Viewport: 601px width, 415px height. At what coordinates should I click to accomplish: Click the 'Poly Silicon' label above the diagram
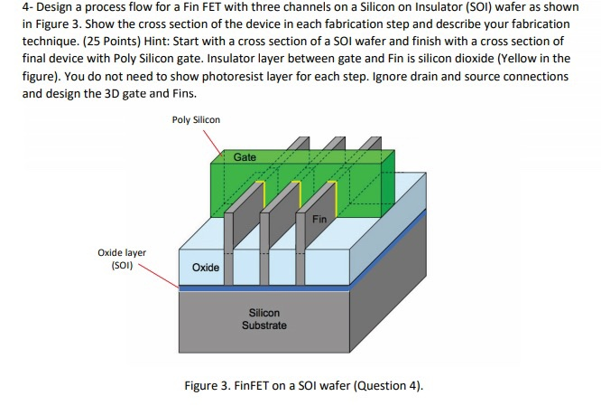195,119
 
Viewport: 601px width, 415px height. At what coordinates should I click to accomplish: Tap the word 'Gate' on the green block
245,157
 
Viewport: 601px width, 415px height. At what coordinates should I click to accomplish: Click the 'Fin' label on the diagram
319,219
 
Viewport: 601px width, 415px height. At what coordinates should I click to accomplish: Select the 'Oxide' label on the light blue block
205,269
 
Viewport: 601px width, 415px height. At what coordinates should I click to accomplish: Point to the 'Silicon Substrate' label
264,318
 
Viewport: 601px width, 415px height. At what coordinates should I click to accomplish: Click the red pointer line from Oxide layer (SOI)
162,275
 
